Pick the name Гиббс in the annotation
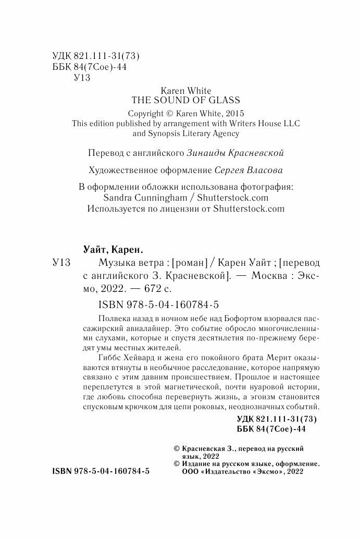point(109,359)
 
